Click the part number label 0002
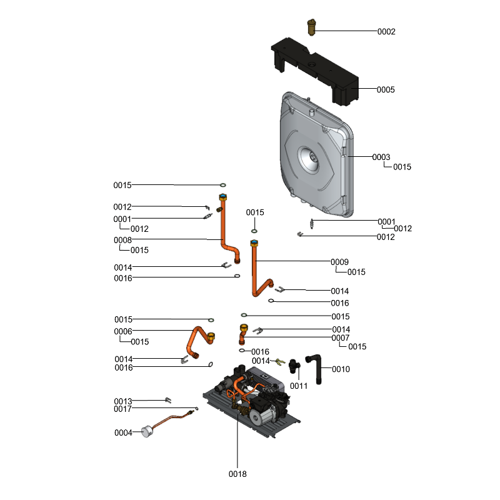[386, 31]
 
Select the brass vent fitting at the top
[311, 27]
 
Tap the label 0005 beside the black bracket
[386, 89]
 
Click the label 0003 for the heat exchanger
[381, 157]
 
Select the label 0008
[122, 240]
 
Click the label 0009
[339, 262]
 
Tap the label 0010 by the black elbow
[341, 369]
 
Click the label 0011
[299, 386]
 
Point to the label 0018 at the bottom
[237, 474]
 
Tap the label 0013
[123, 401]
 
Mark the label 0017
[123, 409]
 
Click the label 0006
[122, 331]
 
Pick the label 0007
[341, 337]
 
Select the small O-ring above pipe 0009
[254, 231]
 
